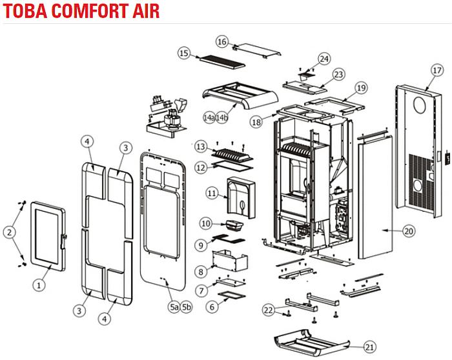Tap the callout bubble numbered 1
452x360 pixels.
pyautogui.click(x=39, y=283)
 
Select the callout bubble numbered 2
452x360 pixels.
pyautogui.click(x=9, y=231)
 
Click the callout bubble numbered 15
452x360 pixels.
pyautogui.click(x=183, y=53)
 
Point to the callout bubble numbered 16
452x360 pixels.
pyautogui.click(x=222, y=42)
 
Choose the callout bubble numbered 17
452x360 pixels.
pyautogui.click(x=437, y=70)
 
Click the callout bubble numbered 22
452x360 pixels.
pyautogui.click(x=269, y=310)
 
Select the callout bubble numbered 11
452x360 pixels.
pyautogui.click(x=212, y=192)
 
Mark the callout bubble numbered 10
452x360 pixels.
pyautogui.click(x=205, y=224)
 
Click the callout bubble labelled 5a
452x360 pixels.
pyautogui.click(x=174, y=307)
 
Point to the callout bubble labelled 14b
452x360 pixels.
pyautogui.click(x=223, y=117)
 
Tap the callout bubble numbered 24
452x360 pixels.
pyautogui.click(x=324, y=59)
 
